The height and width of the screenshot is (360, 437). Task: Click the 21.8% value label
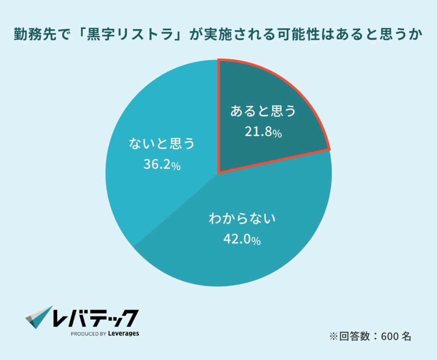click(263, 132)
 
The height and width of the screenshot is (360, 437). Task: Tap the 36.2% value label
click(161, 165)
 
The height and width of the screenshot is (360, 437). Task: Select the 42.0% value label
click(242, 240)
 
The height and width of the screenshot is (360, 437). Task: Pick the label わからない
click(242, 220)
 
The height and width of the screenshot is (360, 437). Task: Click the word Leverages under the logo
click(123, 333)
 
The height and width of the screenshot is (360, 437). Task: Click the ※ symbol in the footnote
click(333, 337)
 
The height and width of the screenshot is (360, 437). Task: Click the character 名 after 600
click(406, 337)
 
